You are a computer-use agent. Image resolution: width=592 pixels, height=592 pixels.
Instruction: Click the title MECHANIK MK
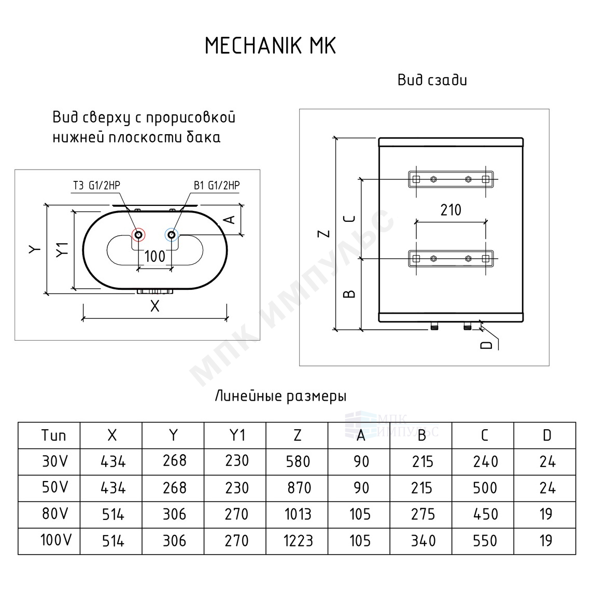coord(270,46)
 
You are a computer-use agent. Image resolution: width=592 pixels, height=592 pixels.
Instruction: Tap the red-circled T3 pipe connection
coord(138,235)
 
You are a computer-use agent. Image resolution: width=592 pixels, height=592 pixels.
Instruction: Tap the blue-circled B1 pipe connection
coord(172,235)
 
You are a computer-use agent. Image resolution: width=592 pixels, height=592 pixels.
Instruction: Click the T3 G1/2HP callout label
coord(96,186)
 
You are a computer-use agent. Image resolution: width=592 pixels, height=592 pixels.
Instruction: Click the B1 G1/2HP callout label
coord(217,186)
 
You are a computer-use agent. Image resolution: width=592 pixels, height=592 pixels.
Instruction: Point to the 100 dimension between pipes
coord(155,257)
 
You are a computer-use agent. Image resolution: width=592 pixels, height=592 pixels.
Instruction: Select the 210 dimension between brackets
coord(451,210)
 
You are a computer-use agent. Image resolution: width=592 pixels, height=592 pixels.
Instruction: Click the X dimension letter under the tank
coord(155,306)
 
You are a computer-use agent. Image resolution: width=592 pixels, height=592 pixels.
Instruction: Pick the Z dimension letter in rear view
coord(325,234)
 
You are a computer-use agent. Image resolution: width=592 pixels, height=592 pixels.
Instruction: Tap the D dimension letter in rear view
coord(487,345)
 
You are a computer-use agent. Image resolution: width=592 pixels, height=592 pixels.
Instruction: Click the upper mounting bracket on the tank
coord(451,179)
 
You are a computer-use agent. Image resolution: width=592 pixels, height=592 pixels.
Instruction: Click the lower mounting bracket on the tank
coord(451,259)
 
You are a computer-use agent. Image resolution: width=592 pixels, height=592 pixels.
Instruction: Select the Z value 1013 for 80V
coord(298,514)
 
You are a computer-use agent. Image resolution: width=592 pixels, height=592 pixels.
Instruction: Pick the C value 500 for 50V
coord(485,488)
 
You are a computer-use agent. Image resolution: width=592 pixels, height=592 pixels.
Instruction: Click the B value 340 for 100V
coord(423,541)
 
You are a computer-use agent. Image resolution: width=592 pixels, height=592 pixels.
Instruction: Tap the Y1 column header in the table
coord(237,435)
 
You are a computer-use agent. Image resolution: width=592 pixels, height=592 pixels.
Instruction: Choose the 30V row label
coord(55,461)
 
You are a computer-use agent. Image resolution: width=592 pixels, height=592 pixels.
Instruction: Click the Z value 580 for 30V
coord(298,461)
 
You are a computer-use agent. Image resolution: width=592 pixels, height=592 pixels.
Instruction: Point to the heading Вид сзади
coord(432,80)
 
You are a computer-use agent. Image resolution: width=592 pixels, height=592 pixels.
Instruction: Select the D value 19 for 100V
coord(546,541)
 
